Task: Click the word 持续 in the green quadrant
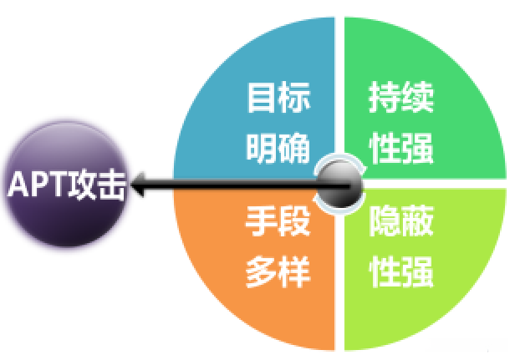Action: (401, 99)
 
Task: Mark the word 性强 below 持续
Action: (401, 149)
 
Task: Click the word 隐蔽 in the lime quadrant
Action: (401, 222)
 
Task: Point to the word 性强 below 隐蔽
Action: (401, 272)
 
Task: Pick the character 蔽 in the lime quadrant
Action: (418, 222)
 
